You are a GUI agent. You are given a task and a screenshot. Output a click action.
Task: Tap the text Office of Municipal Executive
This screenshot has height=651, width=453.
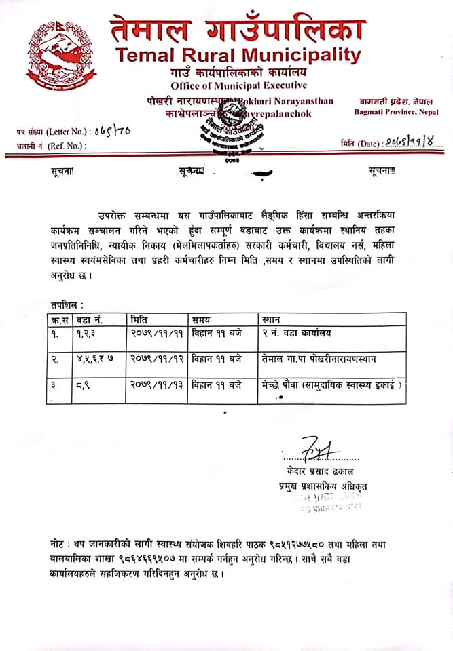(238, 85)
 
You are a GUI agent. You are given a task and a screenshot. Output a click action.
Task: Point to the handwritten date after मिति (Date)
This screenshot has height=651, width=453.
(413, 142)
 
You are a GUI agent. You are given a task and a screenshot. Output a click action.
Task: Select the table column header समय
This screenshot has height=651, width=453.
(201, 319)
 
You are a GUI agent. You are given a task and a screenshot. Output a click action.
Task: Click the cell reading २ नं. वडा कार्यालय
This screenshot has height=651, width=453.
(294, 334)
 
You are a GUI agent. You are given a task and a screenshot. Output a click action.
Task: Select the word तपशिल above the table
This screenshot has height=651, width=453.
(67, 306)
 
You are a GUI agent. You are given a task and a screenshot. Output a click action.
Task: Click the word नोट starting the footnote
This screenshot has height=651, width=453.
(58, 545)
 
